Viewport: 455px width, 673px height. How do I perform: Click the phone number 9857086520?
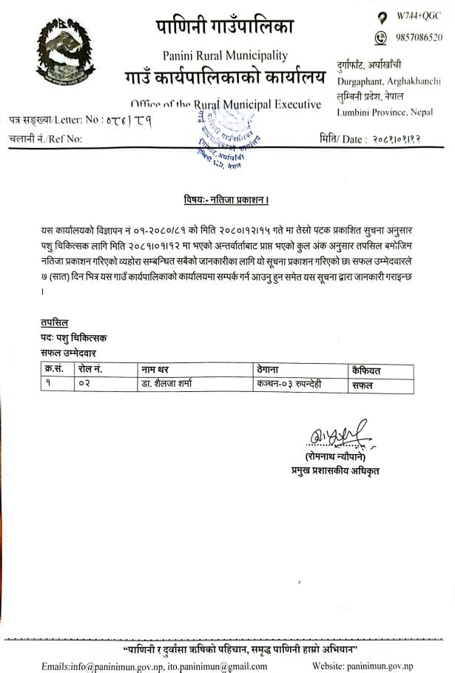pyautogui.click(x=419, y=37)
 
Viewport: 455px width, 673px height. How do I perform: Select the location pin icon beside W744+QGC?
pyautogui.click(x=381, y=16)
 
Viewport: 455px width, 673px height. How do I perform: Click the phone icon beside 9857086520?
pyautogui.click(x=381, y=37)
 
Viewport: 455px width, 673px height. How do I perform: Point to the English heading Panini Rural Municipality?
pyautogui.click(x=226, y=55)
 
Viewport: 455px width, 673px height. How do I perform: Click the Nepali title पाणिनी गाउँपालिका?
pyautogui.click(x=225, y=27)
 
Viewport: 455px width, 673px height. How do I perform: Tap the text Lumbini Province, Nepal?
pyautogui.click(x=385, y=112)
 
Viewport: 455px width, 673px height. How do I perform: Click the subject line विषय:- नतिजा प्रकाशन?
pyautogui.click(x=226, y=200)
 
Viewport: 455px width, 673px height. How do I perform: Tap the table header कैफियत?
pyautogui.click(x=371, y=370)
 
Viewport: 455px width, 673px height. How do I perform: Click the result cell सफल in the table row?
pyautogui.click(x=363, y=385)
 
